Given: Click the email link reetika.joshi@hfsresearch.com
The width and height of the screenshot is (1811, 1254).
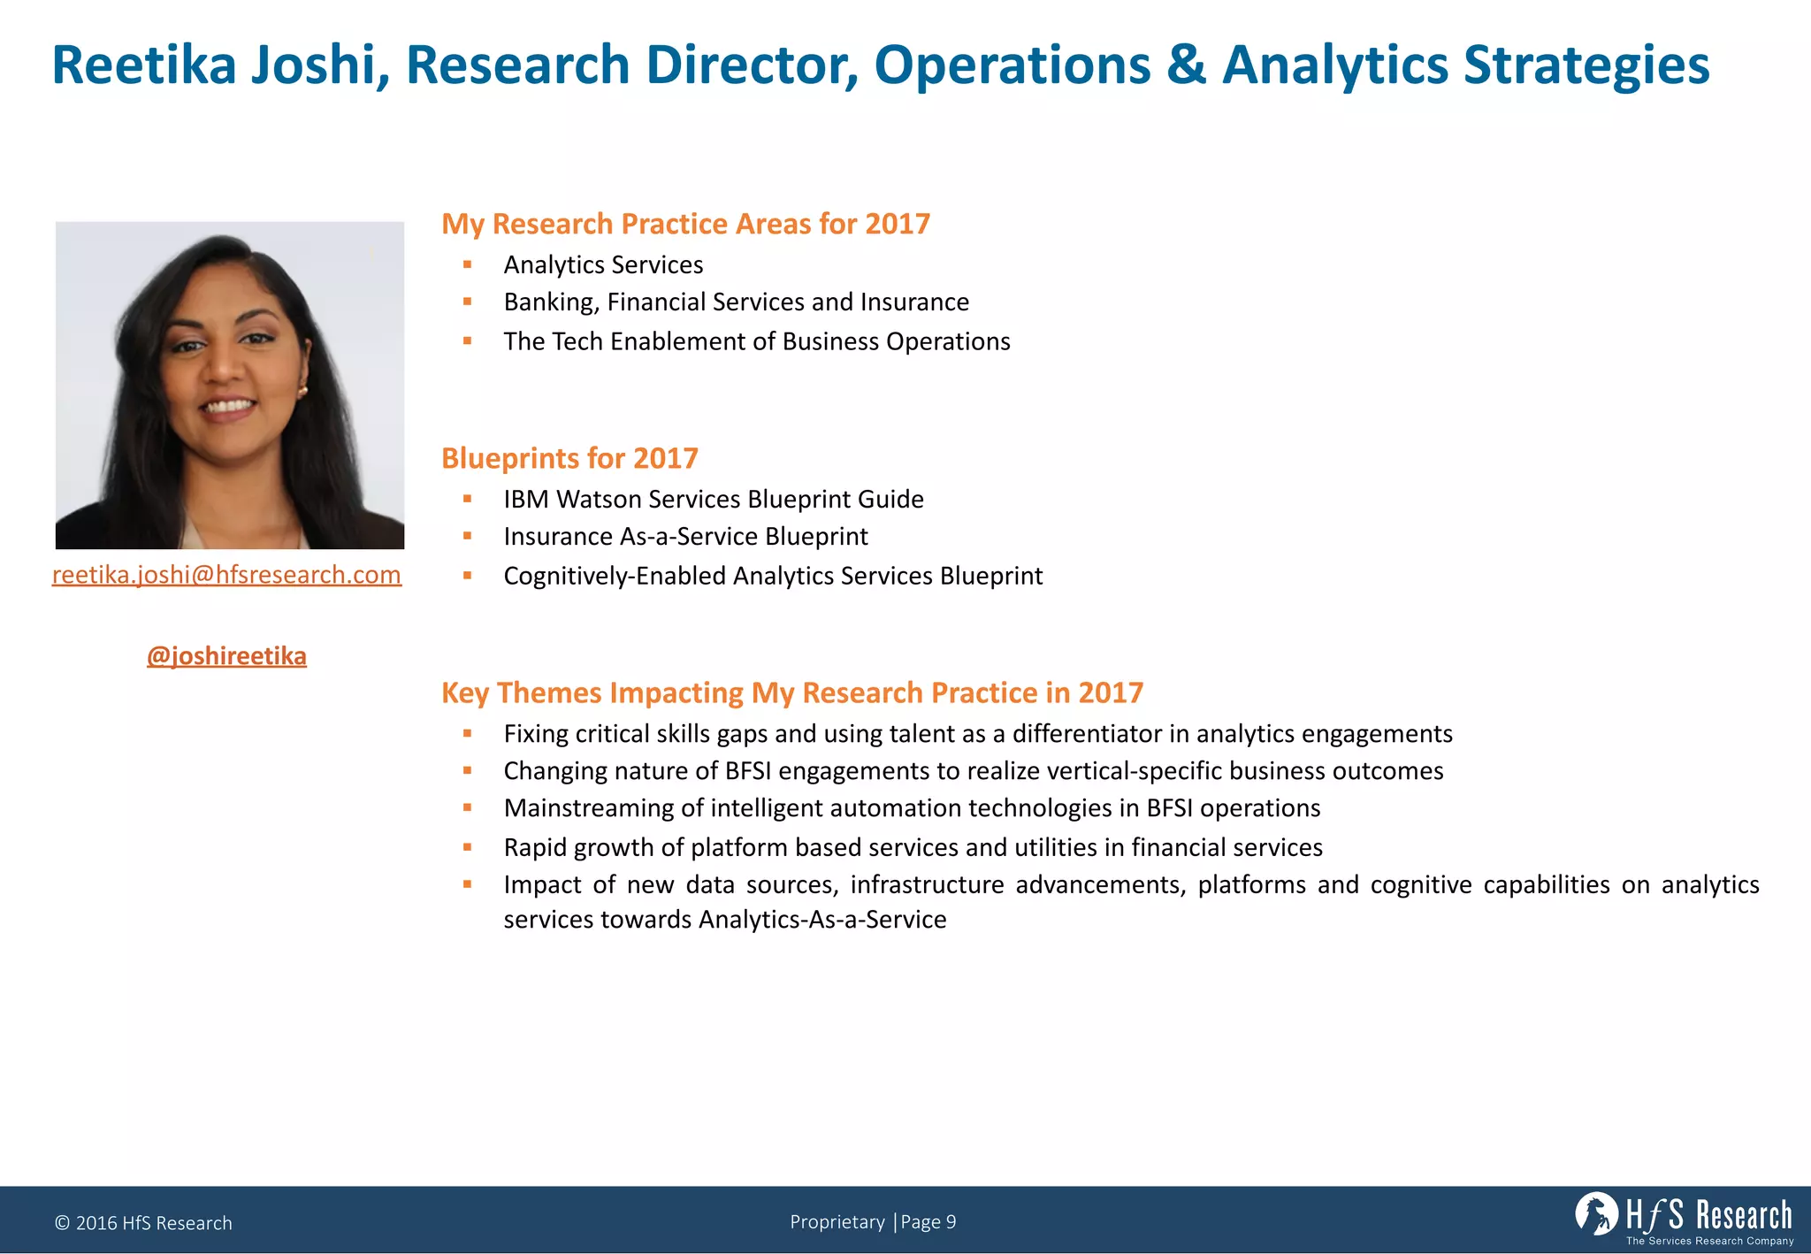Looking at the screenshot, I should click(x=226, y=575).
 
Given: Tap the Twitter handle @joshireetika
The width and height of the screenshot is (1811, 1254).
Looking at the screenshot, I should click(x=226, y=656).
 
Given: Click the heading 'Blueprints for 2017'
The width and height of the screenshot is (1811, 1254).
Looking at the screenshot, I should click(x=569, y=458).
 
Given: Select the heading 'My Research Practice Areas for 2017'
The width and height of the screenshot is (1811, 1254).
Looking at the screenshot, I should click(x=685, y=224).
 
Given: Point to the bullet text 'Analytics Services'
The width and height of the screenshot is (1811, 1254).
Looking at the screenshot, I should click(x=603, y=264).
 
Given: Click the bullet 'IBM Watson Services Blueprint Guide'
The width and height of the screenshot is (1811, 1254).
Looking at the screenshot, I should click(x=713, y=499).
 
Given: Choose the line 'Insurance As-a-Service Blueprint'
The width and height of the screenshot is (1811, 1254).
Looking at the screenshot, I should click(x=685, y=536).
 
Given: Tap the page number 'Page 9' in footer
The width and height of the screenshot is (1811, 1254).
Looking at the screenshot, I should click(x=928, y=1222).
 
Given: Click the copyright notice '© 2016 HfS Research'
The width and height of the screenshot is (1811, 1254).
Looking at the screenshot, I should click(x=143, y=1223).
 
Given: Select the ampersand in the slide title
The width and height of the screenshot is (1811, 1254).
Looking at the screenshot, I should click(x=1186, y=65).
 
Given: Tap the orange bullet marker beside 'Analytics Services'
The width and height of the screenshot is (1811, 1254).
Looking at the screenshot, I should click(x=467, y=264).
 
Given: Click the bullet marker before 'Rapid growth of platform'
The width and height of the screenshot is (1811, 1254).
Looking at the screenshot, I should click(x=467, y=847).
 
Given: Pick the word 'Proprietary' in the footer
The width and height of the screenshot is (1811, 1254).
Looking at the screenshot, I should click(x=837, y=1222).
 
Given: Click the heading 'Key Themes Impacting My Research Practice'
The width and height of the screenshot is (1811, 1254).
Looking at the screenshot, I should click(x=791, y=692).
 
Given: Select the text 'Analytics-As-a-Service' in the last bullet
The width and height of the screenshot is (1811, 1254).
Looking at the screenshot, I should click(x=822, y=920).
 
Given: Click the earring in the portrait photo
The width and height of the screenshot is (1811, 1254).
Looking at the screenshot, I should click(x=302, y=389).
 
